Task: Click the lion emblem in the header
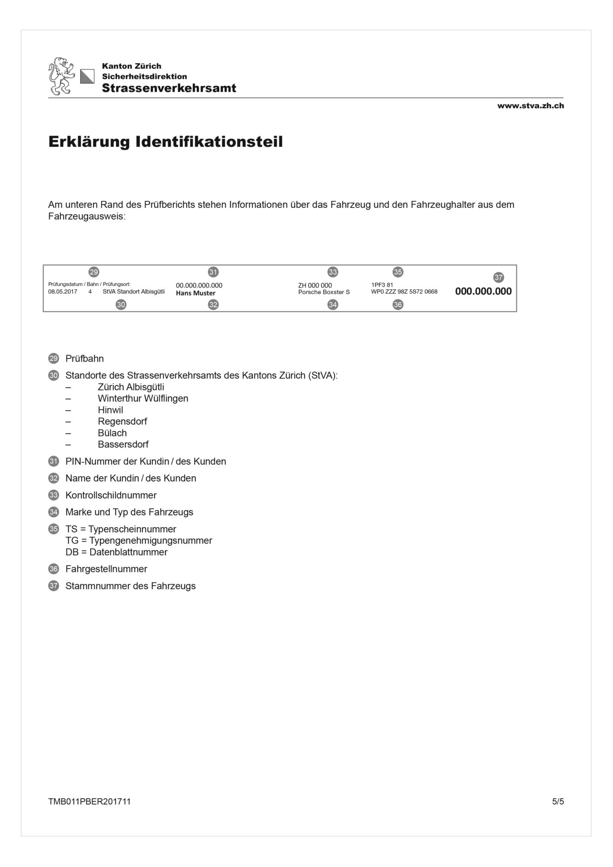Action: (x=61, y=76)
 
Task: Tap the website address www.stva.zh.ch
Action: (x=530, y=106)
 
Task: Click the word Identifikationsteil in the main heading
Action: (x=209, y=142)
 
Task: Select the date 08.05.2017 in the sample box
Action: (x=63, y=292)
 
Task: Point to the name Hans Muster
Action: (x=196, y=293)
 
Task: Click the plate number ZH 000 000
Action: (x=315, y=285)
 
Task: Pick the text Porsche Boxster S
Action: (x=324, y=292)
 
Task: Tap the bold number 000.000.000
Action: (x=483, y=291)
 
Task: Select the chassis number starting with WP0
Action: (x=404, y=292)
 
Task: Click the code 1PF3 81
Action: (x=382, y=285)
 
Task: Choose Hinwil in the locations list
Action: (x=111, y=410)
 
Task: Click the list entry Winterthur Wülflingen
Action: (x=143, y=398)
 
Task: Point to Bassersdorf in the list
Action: (x=123, y=444)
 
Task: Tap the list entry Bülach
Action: (x=112, y=433)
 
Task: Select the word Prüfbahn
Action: (x=85, y=359)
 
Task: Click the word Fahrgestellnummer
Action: (x=106, y=569)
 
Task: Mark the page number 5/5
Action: (x=558, y=802)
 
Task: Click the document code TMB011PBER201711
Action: (x=90, y=802)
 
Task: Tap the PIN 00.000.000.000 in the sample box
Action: (x=199, y=285)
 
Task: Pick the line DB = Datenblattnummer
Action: (x=117, y=552)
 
